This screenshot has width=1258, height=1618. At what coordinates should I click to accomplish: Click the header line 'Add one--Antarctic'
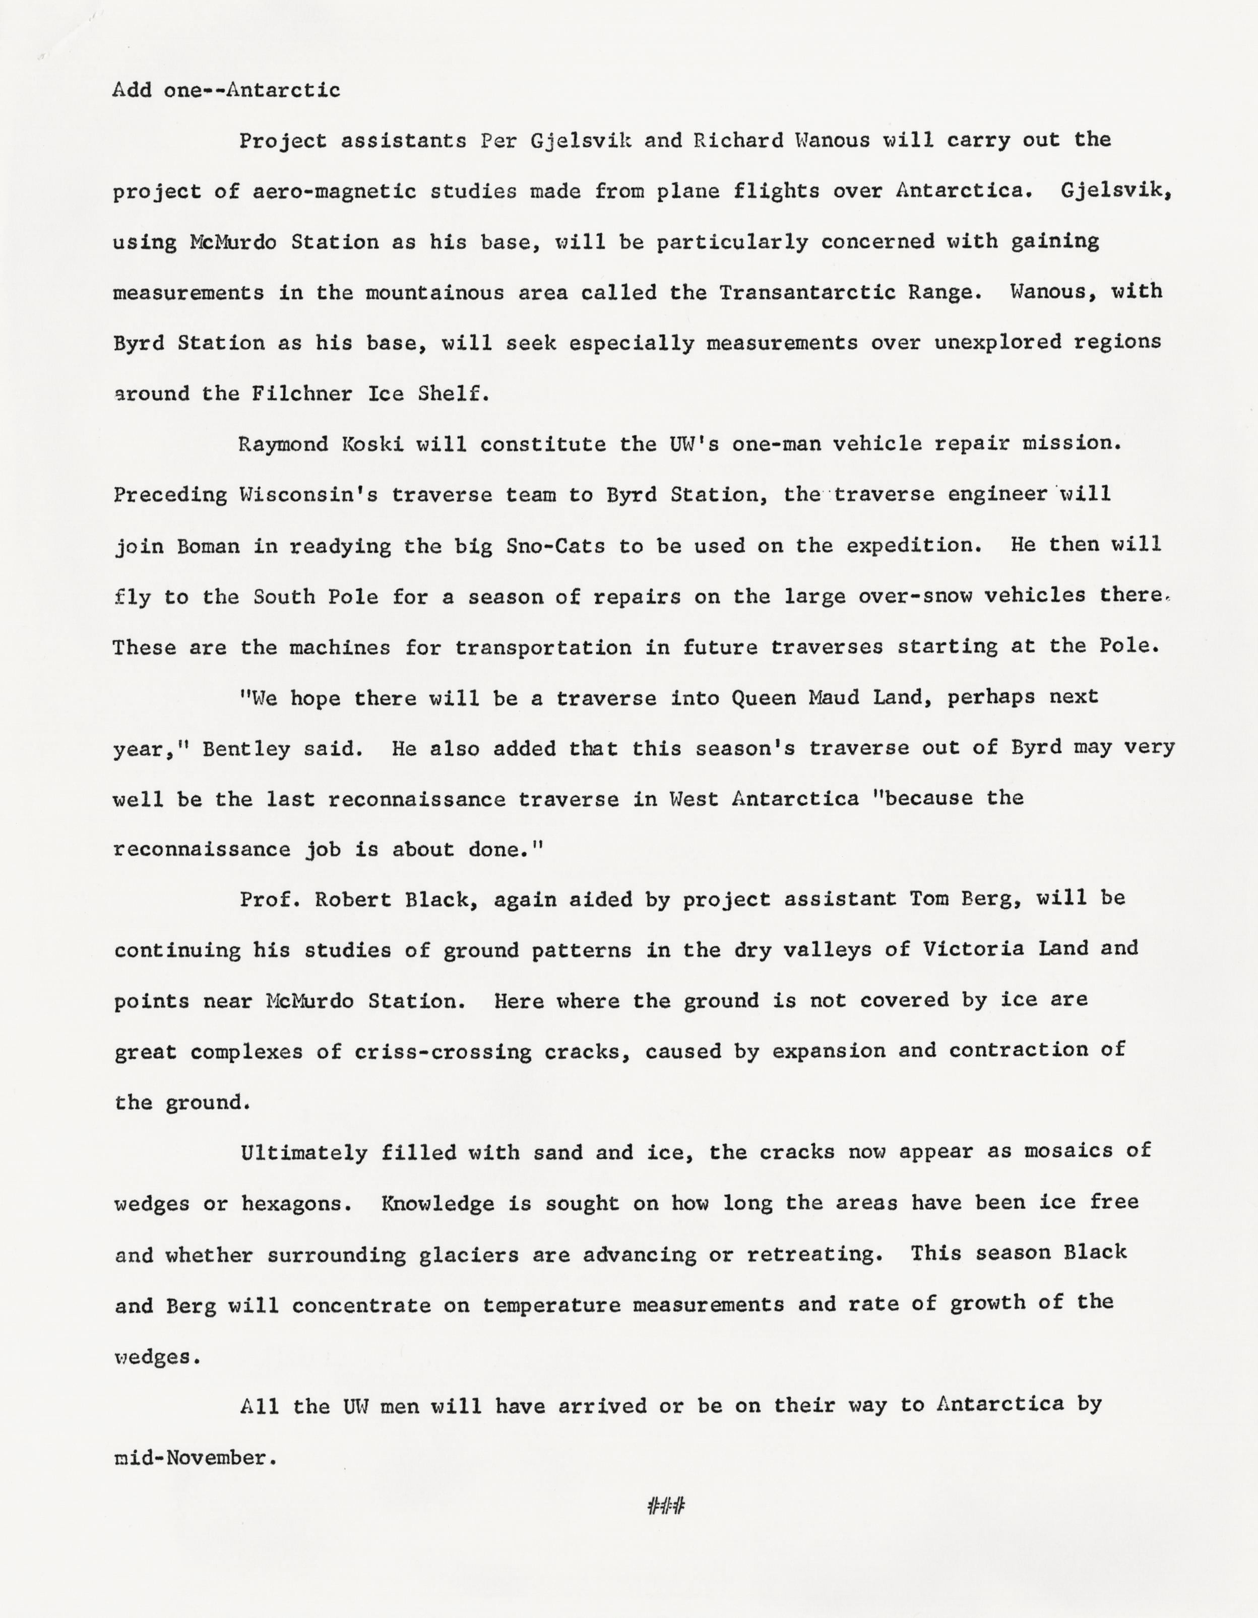pyautogui.click(x=226, y=90)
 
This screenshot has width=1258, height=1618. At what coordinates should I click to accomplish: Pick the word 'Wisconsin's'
pyautogui.click(x=307, y=495)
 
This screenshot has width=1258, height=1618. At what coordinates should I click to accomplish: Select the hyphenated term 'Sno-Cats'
pyautogui.click(x=555, y=546)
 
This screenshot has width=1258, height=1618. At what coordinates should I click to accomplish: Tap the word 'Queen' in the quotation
pyautogui.click(x=763, y=698)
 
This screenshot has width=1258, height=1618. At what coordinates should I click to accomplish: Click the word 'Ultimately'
pyautogui.click(x=304, y=1153)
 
